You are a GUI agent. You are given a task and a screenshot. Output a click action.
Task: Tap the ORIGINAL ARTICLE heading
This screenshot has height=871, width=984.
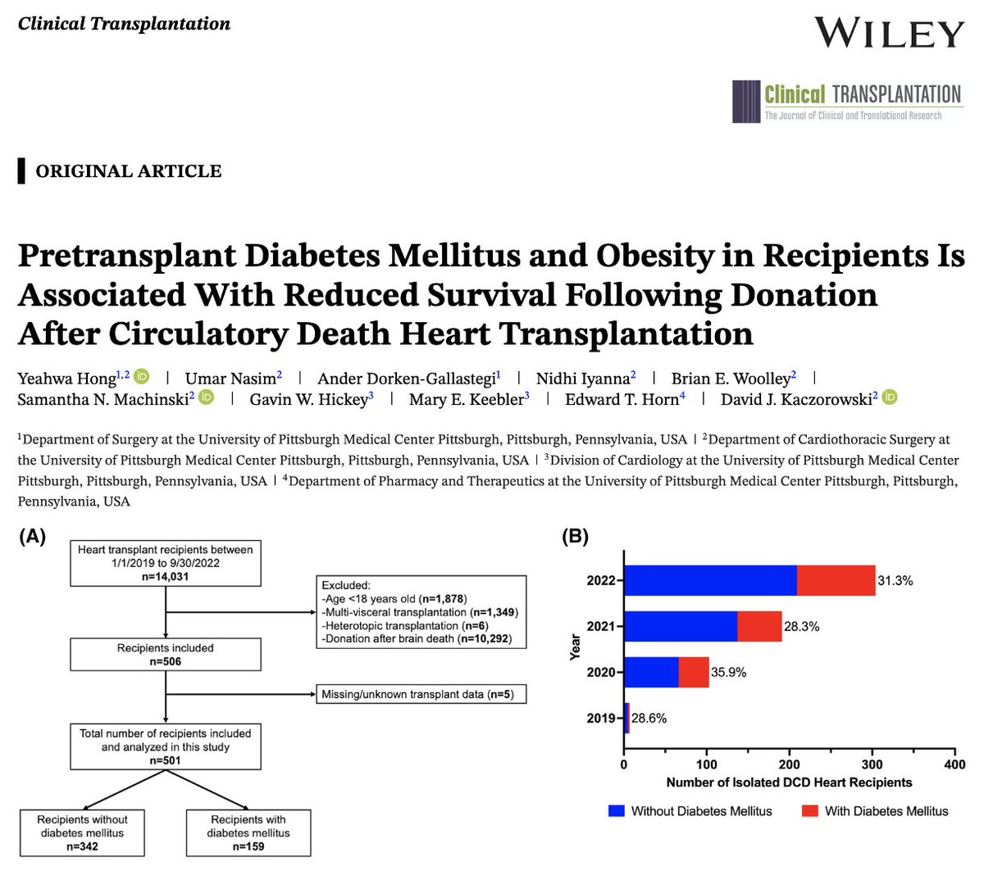pos(128,171)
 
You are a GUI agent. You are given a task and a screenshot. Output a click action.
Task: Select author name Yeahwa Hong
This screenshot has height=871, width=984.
pos(68,378)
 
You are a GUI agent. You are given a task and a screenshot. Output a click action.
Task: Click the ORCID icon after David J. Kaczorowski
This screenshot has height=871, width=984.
pos(890,398)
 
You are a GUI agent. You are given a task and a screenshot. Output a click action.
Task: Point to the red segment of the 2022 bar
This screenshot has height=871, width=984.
pos(836,581)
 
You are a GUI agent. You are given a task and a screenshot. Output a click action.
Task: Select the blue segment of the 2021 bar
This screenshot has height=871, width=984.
pos(681,627)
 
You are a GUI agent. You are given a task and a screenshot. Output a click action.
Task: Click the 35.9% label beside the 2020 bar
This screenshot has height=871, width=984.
pos(728,672)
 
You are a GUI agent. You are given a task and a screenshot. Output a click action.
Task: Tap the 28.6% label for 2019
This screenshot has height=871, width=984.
pos(649,718)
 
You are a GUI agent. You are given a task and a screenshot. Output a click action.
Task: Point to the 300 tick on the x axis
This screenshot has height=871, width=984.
pos(872,764)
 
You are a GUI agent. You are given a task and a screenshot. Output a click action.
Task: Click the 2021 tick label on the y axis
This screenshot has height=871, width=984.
pos(601,627)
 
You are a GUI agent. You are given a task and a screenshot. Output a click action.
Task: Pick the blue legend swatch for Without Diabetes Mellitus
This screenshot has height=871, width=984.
pos(617,811)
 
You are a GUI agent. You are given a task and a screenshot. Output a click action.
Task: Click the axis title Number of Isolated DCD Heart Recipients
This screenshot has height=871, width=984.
pos(789,783)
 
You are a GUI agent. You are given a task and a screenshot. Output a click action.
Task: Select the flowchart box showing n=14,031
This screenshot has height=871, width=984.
pos(166,563)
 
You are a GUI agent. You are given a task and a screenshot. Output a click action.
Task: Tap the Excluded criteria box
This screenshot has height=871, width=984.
pos(420,612)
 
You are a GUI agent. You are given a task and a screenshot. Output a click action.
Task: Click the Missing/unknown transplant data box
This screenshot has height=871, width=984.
pos(420,695)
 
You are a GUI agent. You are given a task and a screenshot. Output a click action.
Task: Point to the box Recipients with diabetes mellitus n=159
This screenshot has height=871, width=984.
pos(248,832)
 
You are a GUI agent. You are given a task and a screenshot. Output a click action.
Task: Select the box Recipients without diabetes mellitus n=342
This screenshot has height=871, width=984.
pos(83,832)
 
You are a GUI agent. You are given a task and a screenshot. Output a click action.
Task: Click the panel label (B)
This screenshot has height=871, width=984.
pos(575,538)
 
